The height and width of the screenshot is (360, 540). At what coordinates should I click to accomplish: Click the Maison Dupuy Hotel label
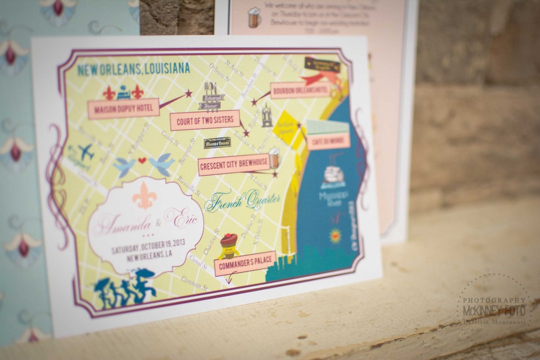pos(123,108)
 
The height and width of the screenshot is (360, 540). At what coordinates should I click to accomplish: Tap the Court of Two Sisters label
pos(204,120)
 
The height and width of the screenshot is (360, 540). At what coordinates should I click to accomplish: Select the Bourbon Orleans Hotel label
pos(300,90)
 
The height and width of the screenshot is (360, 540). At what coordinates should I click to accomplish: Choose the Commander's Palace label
pos(245,263)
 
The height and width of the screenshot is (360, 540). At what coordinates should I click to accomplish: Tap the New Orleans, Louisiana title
pos(133,69)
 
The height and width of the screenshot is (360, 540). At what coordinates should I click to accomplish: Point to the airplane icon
pos(84,151)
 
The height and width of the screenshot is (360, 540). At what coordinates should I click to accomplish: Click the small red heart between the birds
pos(142,161)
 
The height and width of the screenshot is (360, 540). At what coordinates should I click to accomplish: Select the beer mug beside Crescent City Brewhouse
pos(274,158)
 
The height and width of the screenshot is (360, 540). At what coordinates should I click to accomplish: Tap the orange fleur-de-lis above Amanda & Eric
pos(144,195)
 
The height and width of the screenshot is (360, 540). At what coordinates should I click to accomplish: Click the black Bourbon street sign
pos(217,143)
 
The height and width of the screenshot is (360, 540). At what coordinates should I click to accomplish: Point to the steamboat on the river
pos(333,175)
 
